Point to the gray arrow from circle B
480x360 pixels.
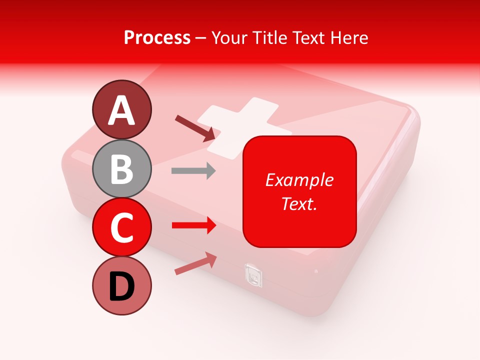pyautogui.click(x=193, y=171)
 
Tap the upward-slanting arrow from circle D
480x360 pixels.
pyautogui.click(x=195, y=263)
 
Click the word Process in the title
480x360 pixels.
pyautogui.click(x=157, y=37)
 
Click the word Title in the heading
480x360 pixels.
pyautogui.click(x=268, y=37)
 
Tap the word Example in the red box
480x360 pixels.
pyautogui.click(x=299, y=180)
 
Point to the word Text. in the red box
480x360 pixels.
pyautogui.click(x=299, y=203)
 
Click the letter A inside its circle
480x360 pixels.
pyautogui.click(x=122, y=111)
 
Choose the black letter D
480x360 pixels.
pyautogui.click(x=122, y=287)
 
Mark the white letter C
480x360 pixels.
pyautogui.click(x=122, y=228)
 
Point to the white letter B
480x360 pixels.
pyautogui.click(x=122, y=169)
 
